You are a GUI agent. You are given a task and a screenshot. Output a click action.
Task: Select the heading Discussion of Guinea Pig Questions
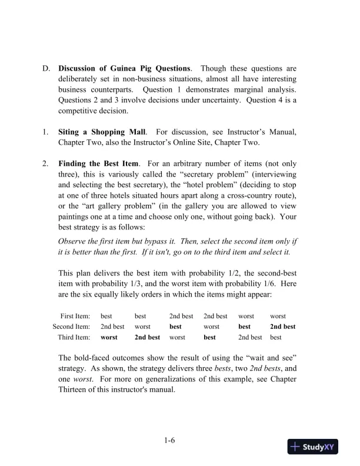124,68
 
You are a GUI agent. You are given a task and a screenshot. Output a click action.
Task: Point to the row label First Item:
75,316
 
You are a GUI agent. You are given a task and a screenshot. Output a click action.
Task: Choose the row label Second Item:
71,327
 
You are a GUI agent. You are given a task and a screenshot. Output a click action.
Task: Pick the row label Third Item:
74,337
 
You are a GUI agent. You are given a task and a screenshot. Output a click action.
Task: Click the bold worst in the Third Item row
109,337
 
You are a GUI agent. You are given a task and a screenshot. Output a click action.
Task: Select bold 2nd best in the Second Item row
282,327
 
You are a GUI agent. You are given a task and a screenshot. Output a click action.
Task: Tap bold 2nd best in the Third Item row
147,337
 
